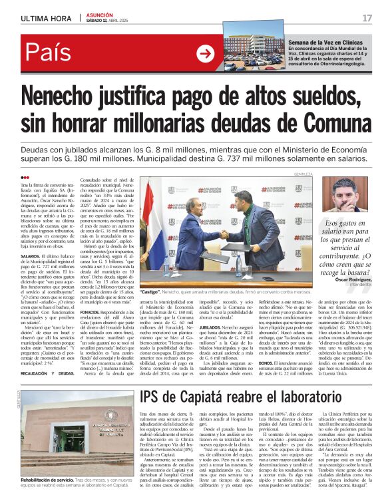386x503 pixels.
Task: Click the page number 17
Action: [x=367, y=17]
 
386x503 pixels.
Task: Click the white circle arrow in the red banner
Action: [x=206, y=54]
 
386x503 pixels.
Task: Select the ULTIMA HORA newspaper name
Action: [x=46, y=17]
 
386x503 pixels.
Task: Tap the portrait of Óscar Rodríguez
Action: [x=349, y=194]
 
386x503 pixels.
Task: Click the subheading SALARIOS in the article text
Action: [x=31, y=255]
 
